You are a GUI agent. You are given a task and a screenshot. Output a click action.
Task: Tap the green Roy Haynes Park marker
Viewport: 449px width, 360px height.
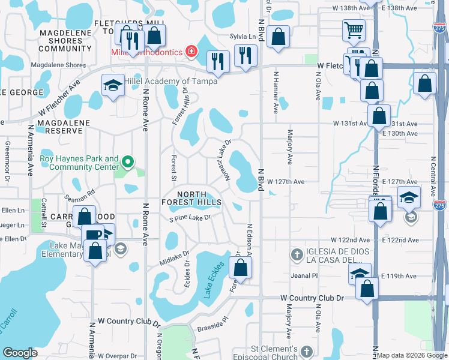tap(127, 162)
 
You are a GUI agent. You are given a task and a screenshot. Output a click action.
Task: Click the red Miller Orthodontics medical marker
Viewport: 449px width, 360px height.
tap(191, 52)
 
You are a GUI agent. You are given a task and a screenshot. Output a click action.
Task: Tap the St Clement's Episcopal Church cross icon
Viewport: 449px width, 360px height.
tap(307, 352)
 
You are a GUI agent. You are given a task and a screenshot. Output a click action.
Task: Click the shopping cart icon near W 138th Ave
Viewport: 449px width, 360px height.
tap(354, 29)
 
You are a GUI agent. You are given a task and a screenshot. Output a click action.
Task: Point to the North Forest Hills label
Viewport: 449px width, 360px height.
tap(191, 198)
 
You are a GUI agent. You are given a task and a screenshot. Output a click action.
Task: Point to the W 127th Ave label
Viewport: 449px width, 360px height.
tap(286, 181)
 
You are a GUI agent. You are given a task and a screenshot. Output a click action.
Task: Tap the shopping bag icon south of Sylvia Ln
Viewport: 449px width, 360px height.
tap(279, 37)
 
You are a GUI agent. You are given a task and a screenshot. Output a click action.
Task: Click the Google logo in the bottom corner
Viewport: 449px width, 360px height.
tap(20, 353)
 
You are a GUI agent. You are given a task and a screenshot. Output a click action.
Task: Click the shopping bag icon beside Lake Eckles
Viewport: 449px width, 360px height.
tap(240, 269)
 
